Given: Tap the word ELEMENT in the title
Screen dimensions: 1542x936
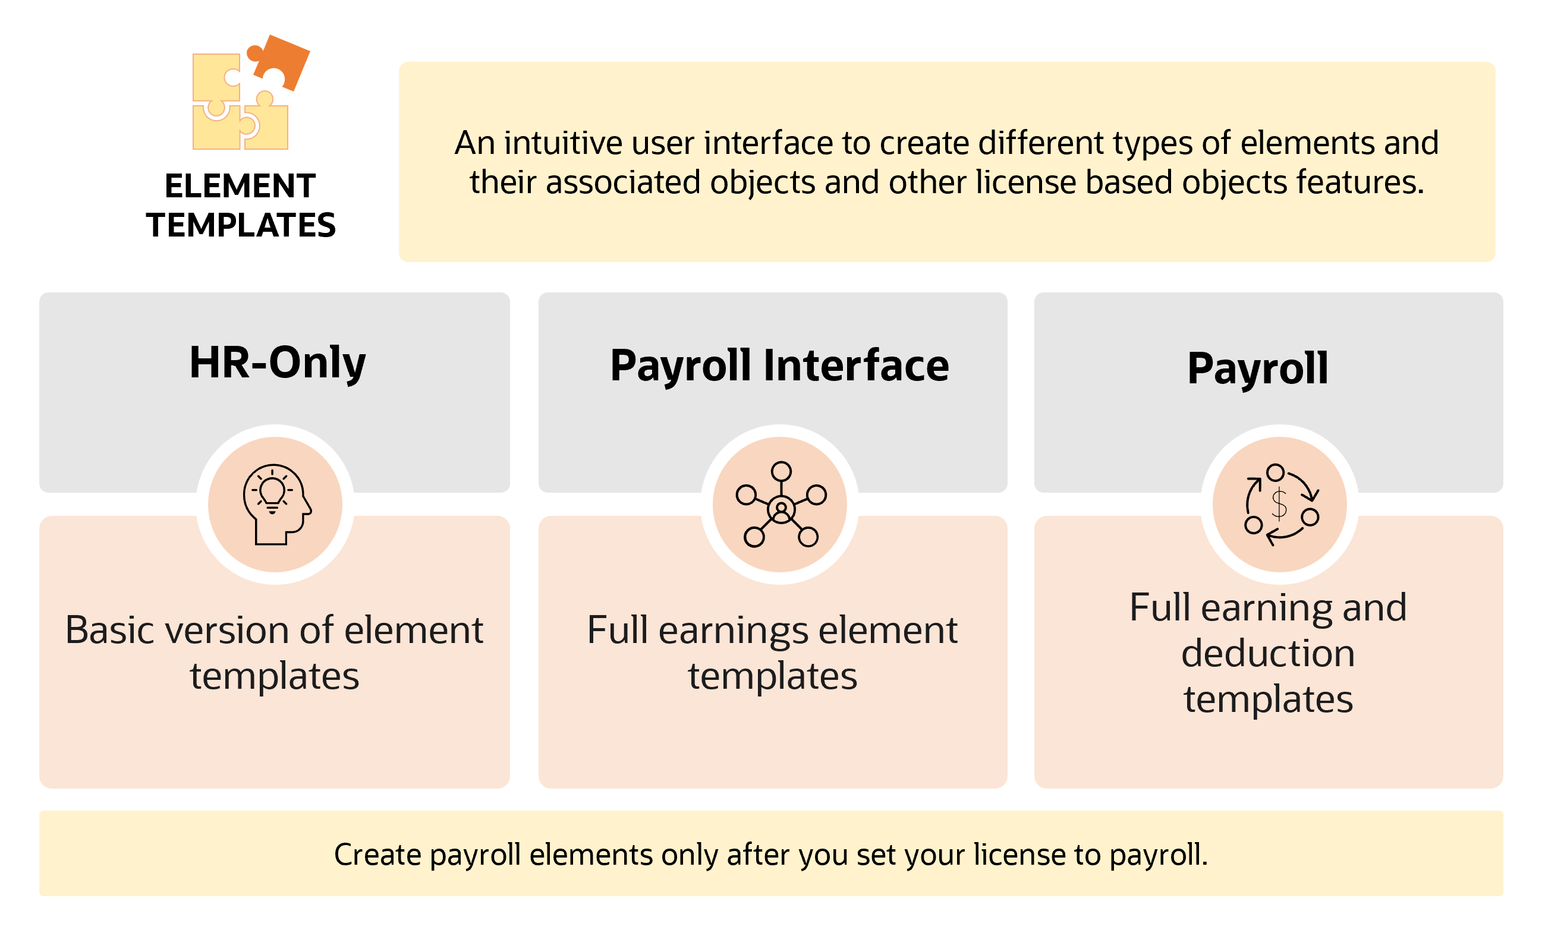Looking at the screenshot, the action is click(240, 186).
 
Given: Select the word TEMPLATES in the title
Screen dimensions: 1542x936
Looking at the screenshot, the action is click(241, 225).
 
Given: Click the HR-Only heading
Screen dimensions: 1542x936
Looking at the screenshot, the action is click(277, 363).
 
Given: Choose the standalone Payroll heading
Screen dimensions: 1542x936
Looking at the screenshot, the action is click(1258, 368).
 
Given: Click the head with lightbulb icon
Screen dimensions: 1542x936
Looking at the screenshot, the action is click(276, 505).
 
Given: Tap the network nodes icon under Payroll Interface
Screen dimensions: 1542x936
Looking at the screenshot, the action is click(781, 505).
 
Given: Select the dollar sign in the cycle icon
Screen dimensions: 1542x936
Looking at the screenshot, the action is click(1279, 505).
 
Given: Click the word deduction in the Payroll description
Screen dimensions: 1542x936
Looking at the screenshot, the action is click(1269, 654).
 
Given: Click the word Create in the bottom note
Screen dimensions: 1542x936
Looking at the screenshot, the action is click(377, 855).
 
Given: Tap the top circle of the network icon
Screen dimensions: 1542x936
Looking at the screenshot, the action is click(781, 471).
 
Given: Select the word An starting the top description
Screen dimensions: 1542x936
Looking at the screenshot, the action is click(475, 143).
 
